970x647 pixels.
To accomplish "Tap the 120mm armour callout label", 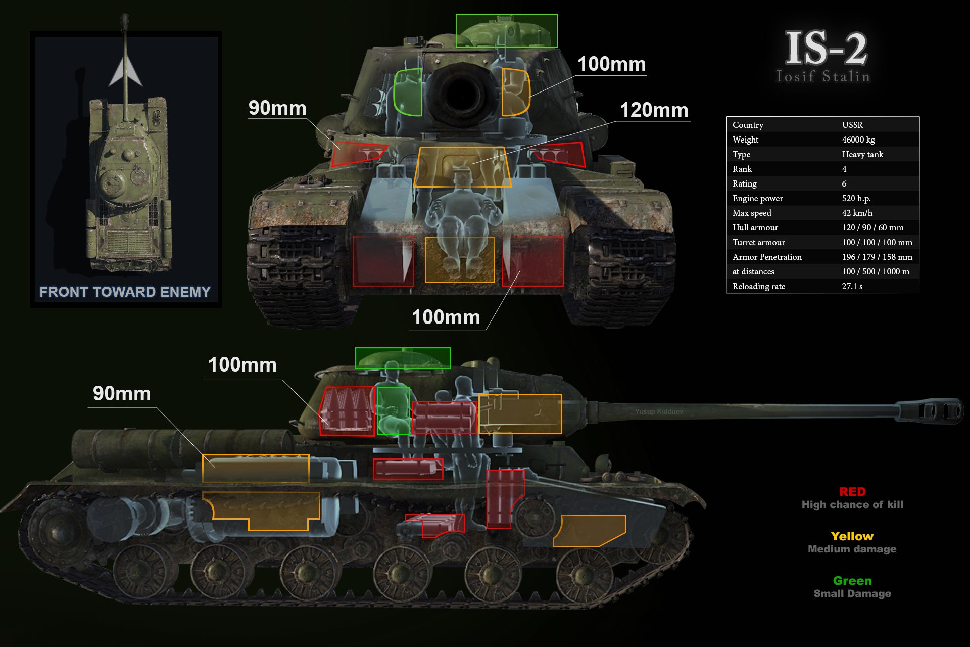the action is [654, 110].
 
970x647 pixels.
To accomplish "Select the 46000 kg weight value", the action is [858, 140].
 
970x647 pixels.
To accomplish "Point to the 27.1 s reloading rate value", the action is [852, 286].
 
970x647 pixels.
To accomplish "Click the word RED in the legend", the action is [852, 492].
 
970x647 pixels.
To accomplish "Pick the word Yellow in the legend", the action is [852, 536].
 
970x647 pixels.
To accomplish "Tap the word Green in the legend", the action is [852, 581].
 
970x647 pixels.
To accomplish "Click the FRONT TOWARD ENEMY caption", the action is [125, 292].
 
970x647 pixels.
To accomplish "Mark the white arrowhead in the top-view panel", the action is [125, 71].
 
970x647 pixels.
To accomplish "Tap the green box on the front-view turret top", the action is [506, 31].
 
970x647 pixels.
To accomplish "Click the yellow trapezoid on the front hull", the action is [462, 167].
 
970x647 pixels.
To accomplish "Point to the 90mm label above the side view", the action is [122, 393].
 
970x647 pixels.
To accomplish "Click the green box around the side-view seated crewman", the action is [394, 410].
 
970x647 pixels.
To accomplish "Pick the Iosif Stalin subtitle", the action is [823, 77].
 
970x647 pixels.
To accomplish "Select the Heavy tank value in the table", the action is [862, 154].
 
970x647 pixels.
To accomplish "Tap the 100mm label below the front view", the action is [446, 317].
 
